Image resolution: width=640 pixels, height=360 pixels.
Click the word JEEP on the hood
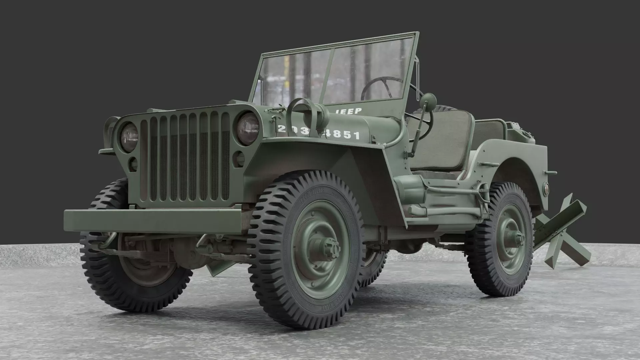click(x=348, y=111)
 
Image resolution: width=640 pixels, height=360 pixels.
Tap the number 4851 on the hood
click(x=345, y=135)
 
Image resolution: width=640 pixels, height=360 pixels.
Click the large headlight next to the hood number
click(x=248, y=129)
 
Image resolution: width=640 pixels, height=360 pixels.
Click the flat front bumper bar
click(x=153, y=220)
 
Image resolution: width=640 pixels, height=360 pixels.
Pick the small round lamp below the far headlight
click(x=133, y=163)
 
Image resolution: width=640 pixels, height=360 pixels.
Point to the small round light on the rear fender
click(x=546, y=189)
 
